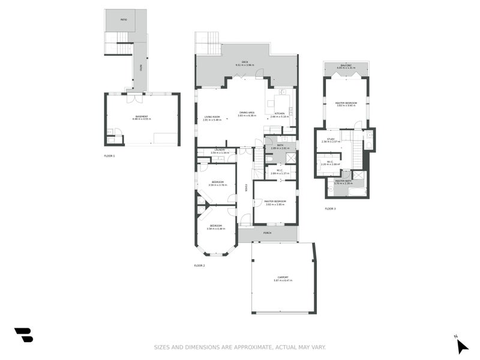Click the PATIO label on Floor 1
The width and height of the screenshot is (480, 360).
[123, 19]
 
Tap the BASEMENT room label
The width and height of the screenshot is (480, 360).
[142, 116]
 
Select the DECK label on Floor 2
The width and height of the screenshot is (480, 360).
[245, 62]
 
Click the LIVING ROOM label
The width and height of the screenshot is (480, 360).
[212, 117]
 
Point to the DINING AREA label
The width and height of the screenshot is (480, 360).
[247, 113]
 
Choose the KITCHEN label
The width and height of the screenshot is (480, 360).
[280, 114]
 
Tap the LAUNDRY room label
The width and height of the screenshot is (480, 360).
[220, 151]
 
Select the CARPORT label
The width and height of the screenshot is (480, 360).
[283, 278]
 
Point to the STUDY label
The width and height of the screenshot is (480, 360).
[331, 140]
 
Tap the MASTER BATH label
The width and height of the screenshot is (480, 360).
[343, 181]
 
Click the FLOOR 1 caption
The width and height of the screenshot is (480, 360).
[109, 155]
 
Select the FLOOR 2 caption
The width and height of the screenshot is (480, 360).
[200, 265]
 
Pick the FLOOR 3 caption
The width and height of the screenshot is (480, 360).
[331, 209]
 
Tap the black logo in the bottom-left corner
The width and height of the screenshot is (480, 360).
[23, 335]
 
